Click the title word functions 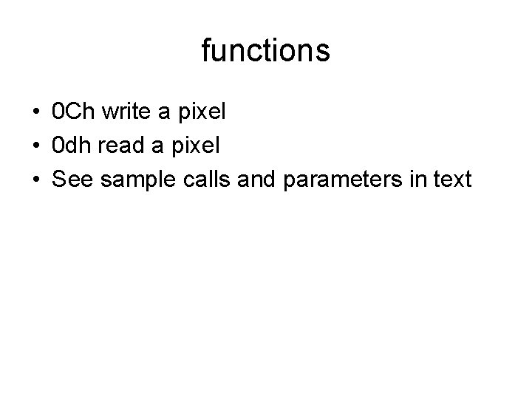pyautogui.click(x=265, y=51)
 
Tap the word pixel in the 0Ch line pyautogui.click(x=198, y=113)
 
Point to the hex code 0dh pyautogui.click(x=74, y=146)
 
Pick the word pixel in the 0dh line pyautogui.click(x=193, y=146)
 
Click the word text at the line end pyautogui.click(x=449, y=179)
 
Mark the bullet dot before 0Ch pyautogui.click(x=36, y=114)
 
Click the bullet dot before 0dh pyautogui.click(x=36, y=146)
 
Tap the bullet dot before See pyautogui.click(x=36, y=180)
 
